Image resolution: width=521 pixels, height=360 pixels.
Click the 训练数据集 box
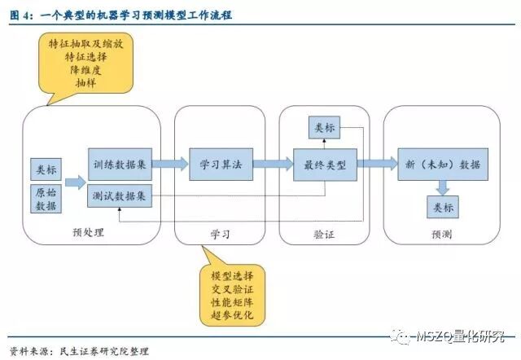tap(119, 164)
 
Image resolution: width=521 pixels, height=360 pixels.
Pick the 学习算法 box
tap(221, 164)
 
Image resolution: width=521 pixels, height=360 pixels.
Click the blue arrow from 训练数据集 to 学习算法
tap(169, 164)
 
